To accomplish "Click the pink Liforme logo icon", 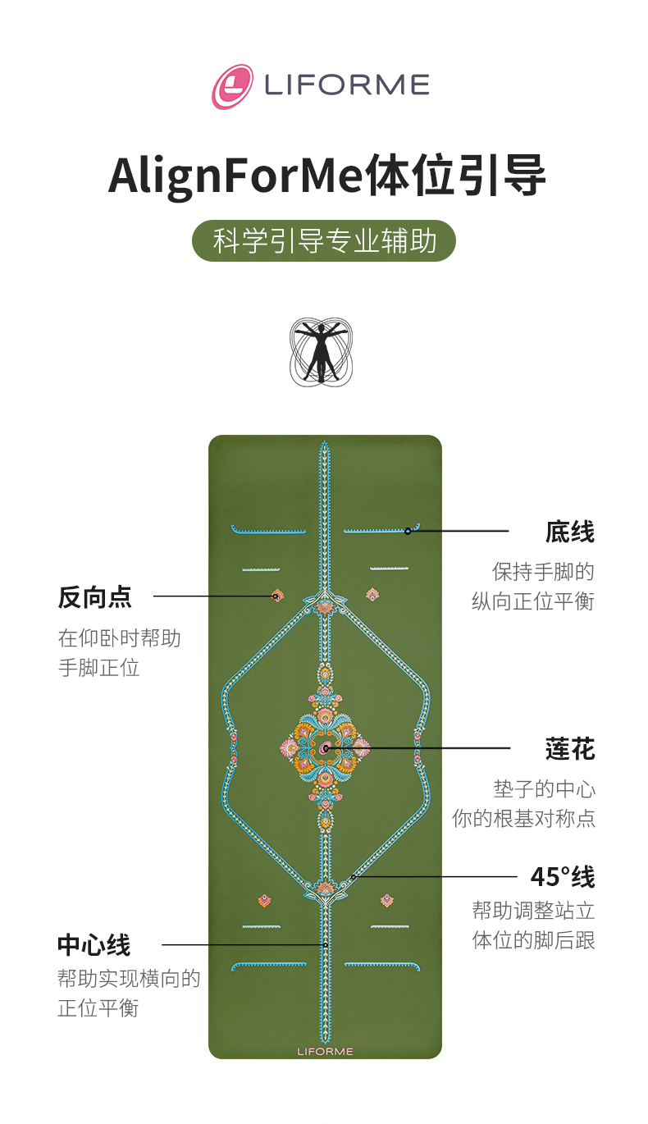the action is [x=232, y=86].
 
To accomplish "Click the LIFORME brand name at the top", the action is [x=346, y=85].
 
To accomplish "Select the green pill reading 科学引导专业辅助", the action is [x=324, y=241].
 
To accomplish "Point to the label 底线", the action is [x=569, y=532].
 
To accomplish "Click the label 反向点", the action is [x=94, y=596].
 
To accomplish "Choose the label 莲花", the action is [x=569, y=748].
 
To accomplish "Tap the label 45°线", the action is [x=562, y=876].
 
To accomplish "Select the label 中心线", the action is [x=94, y=944].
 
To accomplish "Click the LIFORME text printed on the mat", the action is [x=325, y=1051].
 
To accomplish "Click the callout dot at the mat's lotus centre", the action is [x=326, y=748].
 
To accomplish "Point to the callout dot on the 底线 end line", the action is [x=408, y=531].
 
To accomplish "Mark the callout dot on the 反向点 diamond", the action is [x=276, y=596].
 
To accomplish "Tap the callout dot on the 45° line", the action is [x=354, y=876].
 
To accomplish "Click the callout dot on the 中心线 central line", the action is [x=325, y=945].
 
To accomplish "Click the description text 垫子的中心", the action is [x=544, y=789].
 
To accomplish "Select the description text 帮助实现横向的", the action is [x=129, y=978].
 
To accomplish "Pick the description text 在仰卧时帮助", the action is [x=119, y=637].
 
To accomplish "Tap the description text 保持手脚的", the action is [x=543, y=571].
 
